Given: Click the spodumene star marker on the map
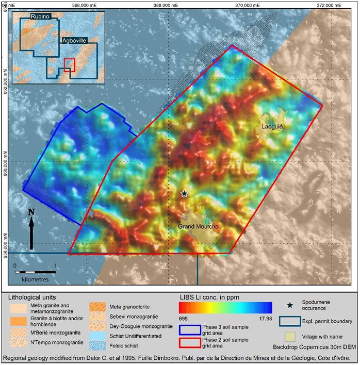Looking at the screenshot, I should point(184,193).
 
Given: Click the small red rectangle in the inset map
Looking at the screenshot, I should point(69,65).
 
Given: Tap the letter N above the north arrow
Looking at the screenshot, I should point(31,211).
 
